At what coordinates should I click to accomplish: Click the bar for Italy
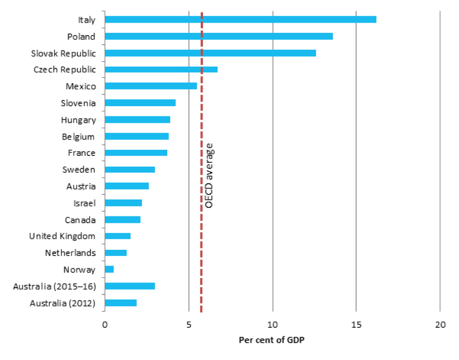click(x=240, y=20)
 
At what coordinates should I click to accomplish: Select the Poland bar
click(x=219, y=36)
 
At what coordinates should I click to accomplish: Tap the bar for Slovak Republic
click(x=210, y=53)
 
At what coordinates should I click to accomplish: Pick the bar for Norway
click(x=109, y=270)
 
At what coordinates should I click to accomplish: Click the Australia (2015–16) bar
click(x=129, y=286)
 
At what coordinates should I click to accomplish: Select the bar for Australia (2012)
click(x=120, y=303)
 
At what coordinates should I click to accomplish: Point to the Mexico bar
click(x=151, y=86)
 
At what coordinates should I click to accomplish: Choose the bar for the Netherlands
click(x=115, y=253)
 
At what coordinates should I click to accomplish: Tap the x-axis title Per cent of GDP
click(x=271, y=340)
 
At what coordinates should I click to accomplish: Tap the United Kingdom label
click(x=62, y=236)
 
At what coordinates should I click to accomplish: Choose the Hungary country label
click(x=78, y=120)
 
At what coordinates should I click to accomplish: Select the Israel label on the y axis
click(x=84, y=203)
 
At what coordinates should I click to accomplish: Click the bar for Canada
click(x=122, y=219)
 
